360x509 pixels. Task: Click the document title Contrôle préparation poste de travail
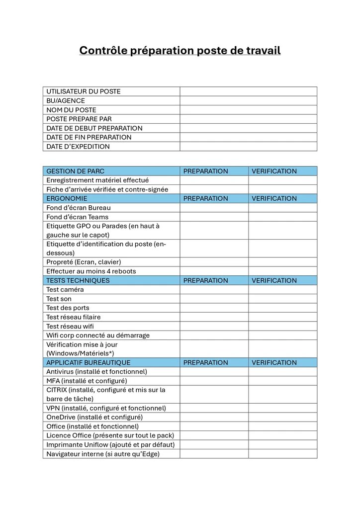pyautogui.click(x=180, y=51)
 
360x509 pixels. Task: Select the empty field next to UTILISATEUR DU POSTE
pyautogui.click(x=248, y=91)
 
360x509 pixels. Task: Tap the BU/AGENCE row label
pyautogui.click(x=66, y=101)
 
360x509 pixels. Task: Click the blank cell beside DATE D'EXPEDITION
pyautogui.click(x=248, y=147)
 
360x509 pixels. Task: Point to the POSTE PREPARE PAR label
pyautogui.click(x=79, y=119)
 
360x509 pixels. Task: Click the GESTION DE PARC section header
pyautogui.click(x=75, y=171)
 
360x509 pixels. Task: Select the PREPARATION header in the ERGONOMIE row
pyautogui.click(x=205, y=198)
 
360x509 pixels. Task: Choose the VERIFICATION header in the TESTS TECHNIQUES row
pyautogui.click(x=274, y=280)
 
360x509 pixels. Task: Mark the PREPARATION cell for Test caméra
pyautogui.click(x=214, y=290)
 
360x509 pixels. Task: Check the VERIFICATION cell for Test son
pyautogui.click(x=282, y=299)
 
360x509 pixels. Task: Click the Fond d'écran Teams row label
pyautogui.click(x=77, y=217)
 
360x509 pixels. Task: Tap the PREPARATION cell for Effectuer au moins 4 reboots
pyautogui.click(x=214, y=271)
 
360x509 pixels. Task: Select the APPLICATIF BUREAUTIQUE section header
pyautogui.click(x=89, y=362)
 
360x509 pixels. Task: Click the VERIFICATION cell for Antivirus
pyautogui.click(x=282, y=372)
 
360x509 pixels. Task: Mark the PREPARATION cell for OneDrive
pyautogui.click(x=214, y=417)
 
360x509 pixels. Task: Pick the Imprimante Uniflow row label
pyautogui.click(x=110, y=444)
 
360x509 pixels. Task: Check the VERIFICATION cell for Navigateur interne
pyautogui.click(x=282, y=454)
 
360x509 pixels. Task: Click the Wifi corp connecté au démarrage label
pyautogui.click(x=98, y=335)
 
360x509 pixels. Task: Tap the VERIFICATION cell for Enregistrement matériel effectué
pyautogui.click(x=282, y=180)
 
